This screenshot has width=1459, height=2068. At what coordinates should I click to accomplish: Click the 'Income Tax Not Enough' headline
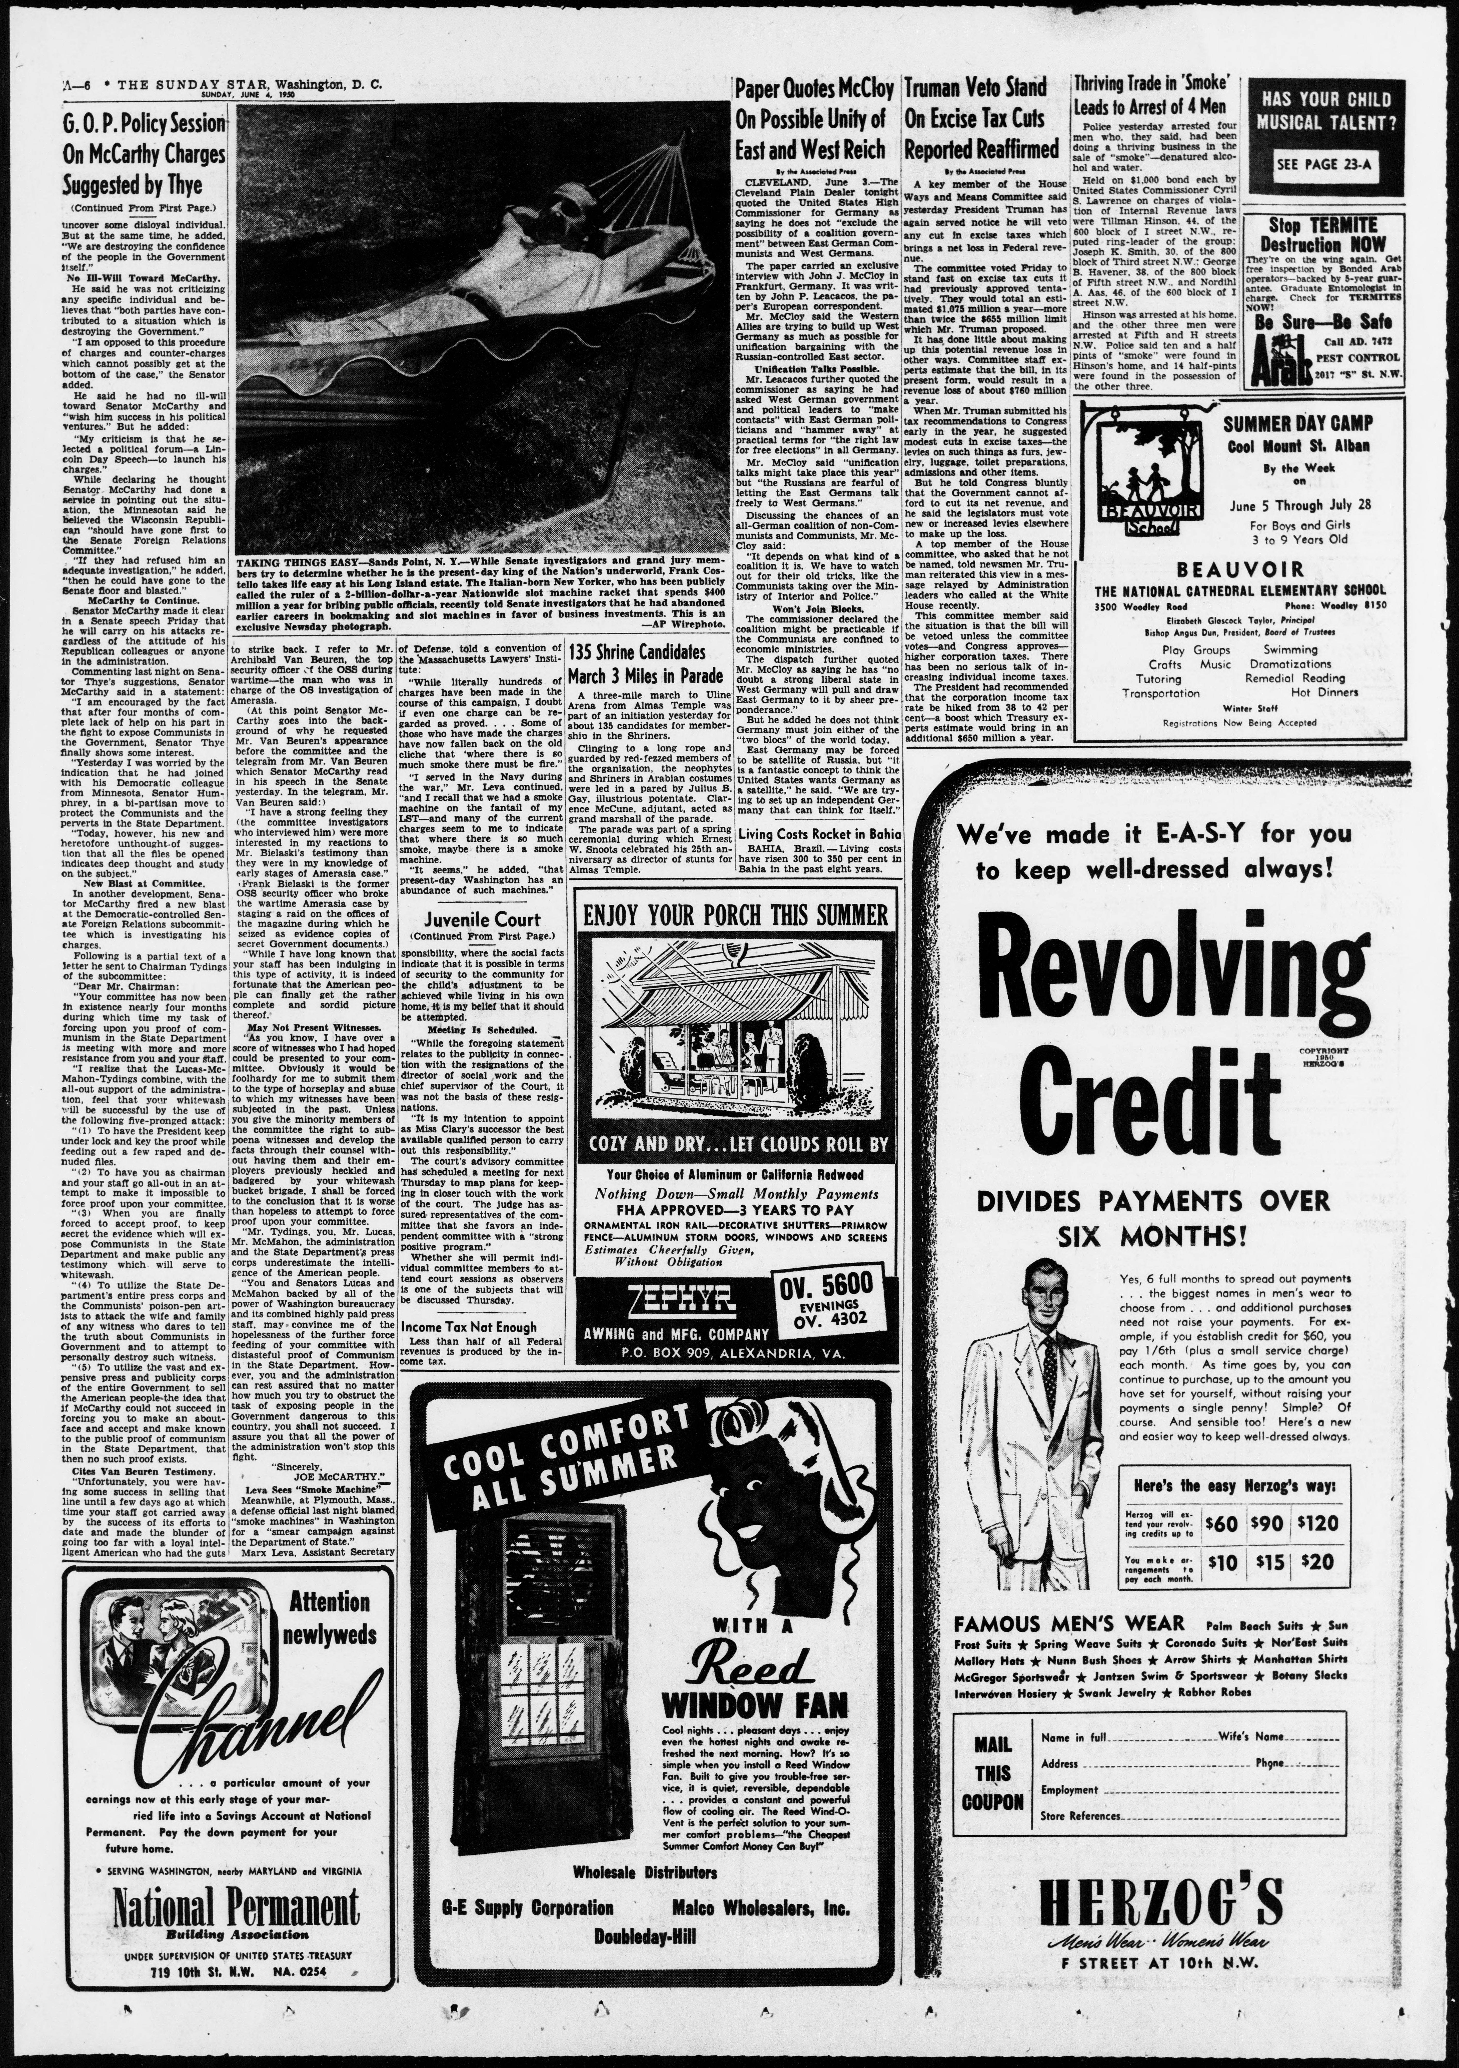click(469, 1327)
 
